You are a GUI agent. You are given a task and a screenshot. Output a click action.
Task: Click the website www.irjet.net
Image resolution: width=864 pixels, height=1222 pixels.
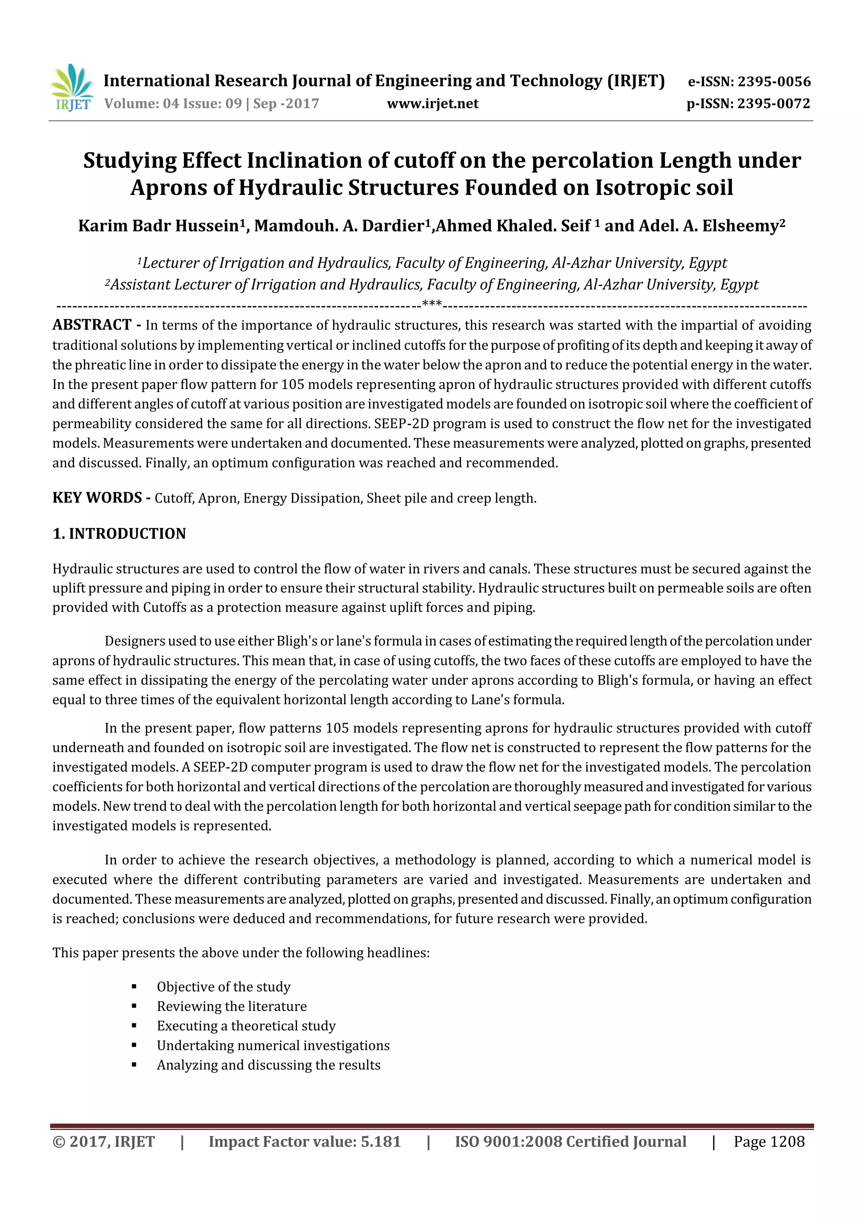432,103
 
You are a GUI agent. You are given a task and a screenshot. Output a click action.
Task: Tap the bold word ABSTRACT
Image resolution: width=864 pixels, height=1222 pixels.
92,325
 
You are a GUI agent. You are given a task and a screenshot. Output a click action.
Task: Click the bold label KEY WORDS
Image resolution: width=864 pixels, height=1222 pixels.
97,498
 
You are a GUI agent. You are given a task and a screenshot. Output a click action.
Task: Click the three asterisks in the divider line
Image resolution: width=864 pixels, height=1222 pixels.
432,304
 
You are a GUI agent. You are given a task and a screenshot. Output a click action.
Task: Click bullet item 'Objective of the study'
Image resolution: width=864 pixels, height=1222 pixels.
224,987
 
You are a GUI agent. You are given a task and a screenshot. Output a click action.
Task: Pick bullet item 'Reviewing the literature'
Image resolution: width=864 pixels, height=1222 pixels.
232,1006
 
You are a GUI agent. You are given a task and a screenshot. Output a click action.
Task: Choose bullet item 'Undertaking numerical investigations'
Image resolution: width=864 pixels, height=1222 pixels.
273,1045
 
